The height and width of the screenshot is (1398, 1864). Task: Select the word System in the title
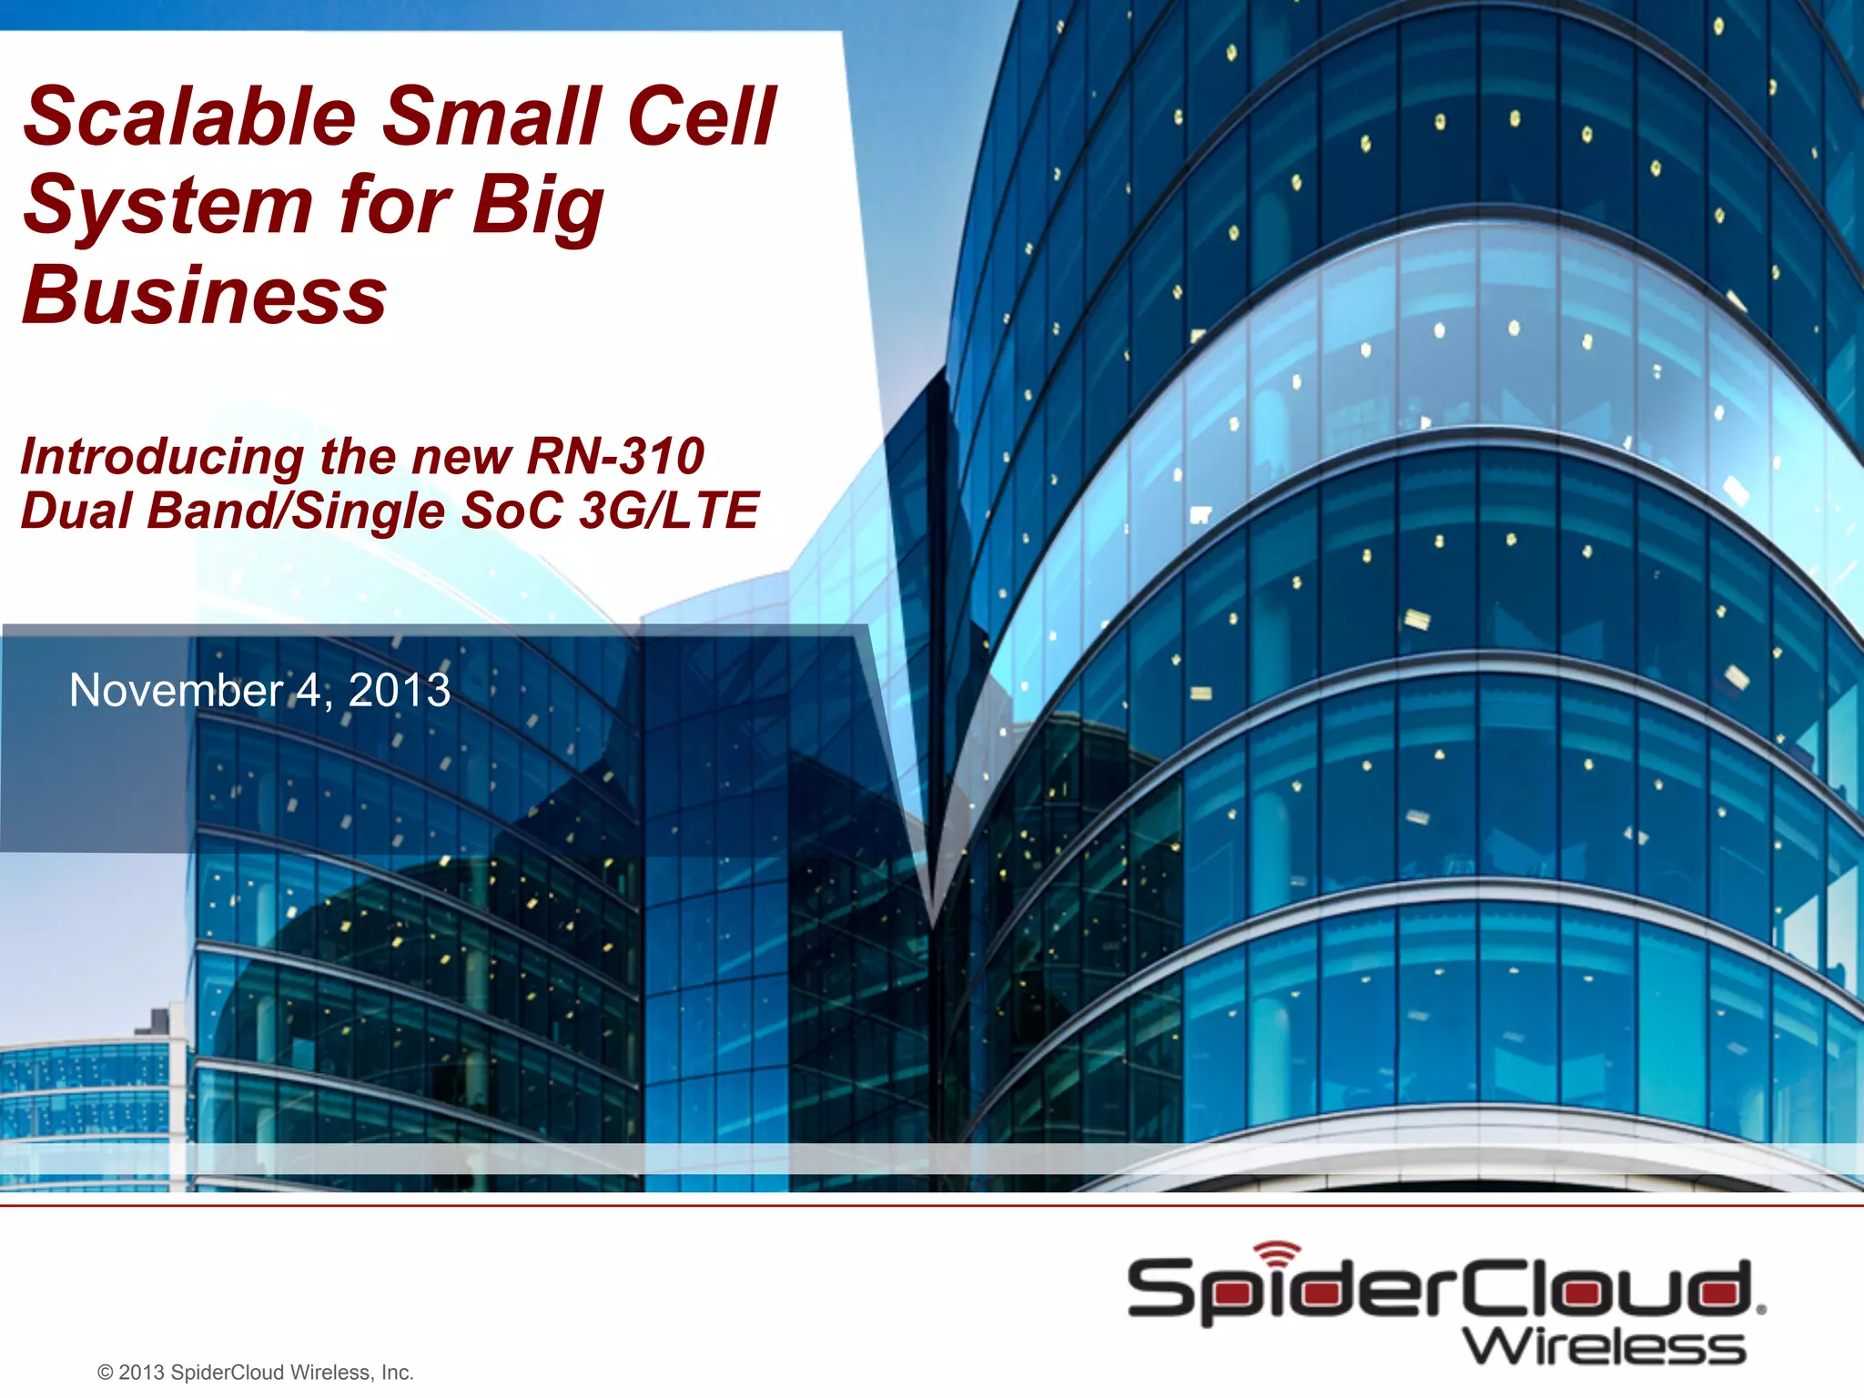point(168,206)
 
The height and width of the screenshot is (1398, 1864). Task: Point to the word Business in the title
point(206,295)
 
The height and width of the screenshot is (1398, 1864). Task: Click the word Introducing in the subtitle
point(162,457)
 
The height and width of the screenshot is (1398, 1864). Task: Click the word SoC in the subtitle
point(512,510)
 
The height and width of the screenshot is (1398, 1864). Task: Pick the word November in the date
point(177,690)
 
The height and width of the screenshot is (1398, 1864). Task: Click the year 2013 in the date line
point(400,690)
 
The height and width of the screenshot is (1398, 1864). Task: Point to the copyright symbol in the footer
point(105,1373)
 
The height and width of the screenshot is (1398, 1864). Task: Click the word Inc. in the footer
point(397,1373)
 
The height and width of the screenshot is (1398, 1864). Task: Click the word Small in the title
point(491,116)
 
